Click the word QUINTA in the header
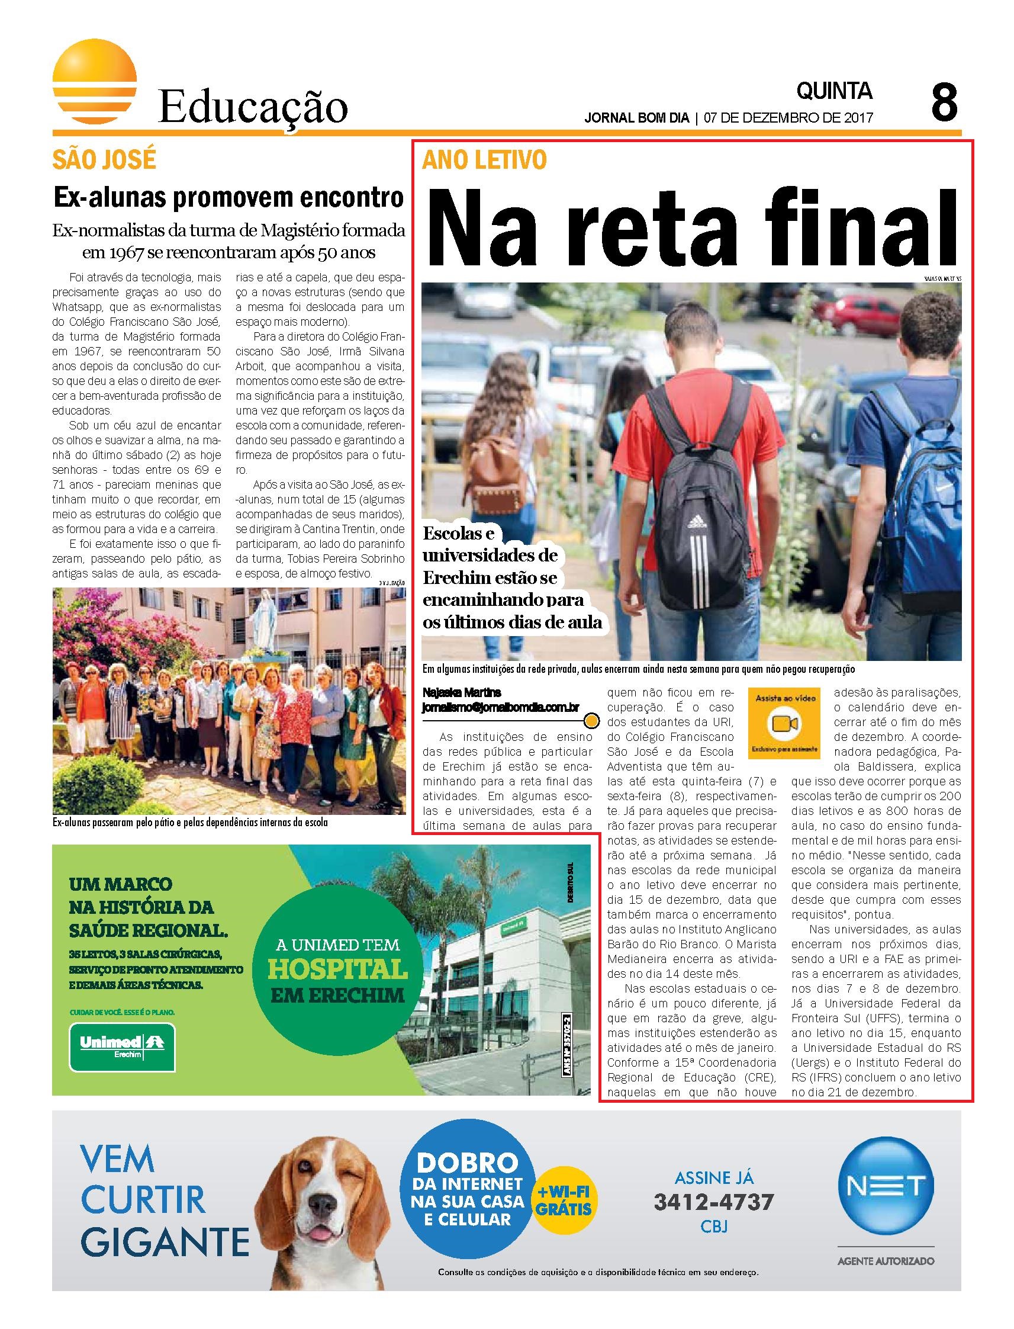click(x=834, y=91)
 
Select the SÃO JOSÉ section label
click(x=104, y=159)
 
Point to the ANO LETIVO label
click(x=485, y=159)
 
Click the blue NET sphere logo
click(x=886, y=1184)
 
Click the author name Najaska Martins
click(x=462, y=692)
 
